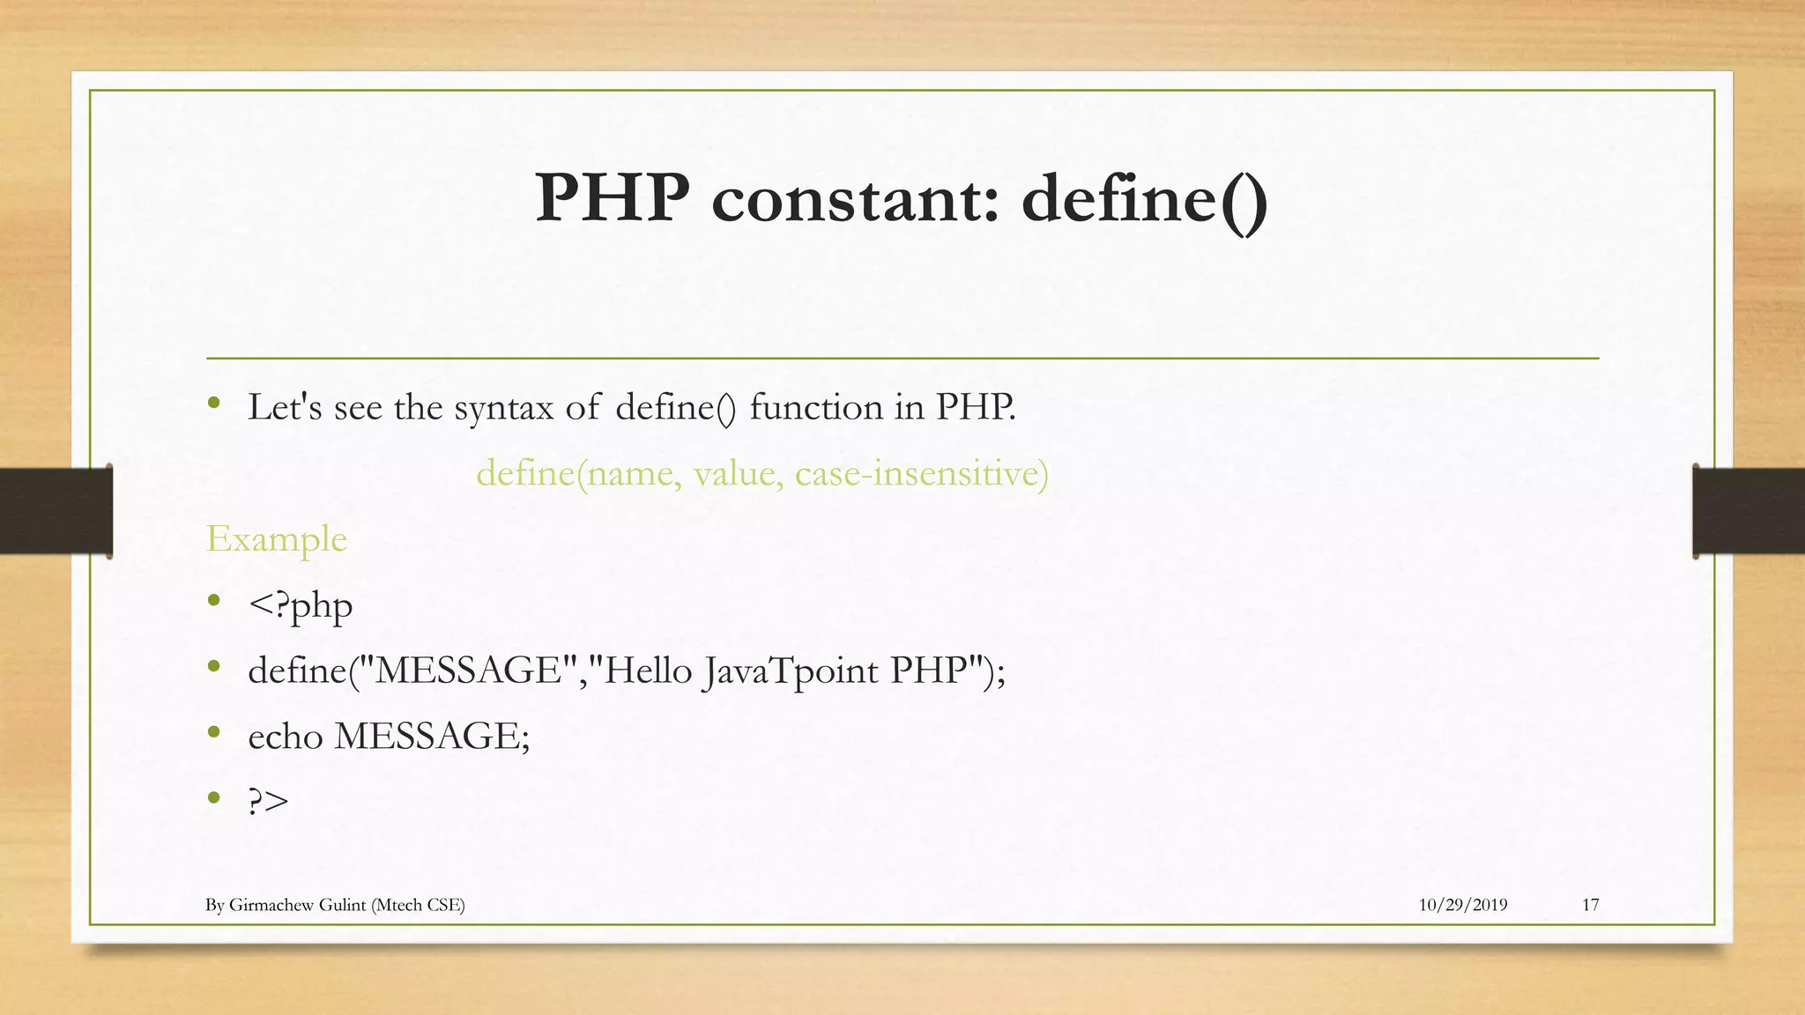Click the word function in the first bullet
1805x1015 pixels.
[x=816, y=407]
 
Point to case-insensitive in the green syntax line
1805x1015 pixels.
[x=921, y=474]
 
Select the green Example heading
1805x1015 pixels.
[x=276, y=539]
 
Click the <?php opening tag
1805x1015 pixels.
[x=301, y=606]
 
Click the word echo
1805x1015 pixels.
[x=286, y=737]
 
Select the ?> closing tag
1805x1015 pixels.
[x=268, y=801]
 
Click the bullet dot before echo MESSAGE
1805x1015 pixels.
[x=213, y=731]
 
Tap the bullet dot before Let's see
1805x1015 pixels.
[x=213, y=403]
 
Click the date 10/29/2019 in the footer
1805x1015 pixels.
[x=1462, y=905]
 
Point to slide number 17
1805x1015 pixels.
[x=1590, y=905]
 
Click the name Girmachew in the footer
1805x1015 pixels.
[x=269, y=905]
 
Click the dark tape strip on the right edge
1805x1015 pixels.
[x=1749, y=511]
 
